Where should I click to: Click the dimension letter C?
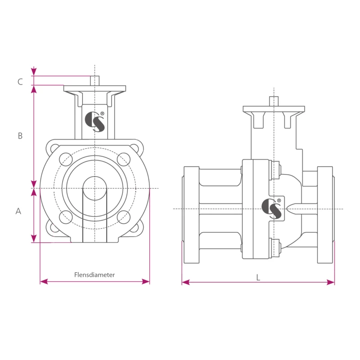(x=20, y=82)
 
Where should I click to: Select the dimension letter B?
(x=20, y=136)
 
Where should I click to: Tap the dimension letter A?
(x=18, y=211)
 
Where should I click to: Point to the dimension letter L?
(x=258, y=277)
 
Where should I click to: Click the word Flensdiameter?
(x=94, y=275)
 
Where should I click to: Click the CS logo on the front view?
(x=95, y=121)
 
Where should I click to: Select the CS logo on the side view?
(x=272, y=208)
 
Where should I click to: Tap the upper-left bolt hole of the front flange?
(x=66, y=159)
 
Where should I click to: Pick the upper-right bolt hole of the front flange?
(x=123, y=159)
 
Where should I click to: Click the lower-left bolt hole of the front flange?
(x=66, y=217)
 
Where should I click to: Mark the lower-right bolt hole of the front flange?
(x=123, y=217)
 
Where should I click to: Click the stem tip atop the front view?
(x=94, y=80)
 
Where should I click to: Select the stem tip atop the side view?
(x=274, y=101)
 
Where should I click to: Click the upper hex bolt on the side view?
(x=275, y=170)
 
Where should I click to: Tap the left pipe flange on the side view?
(x=191, y=215)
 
